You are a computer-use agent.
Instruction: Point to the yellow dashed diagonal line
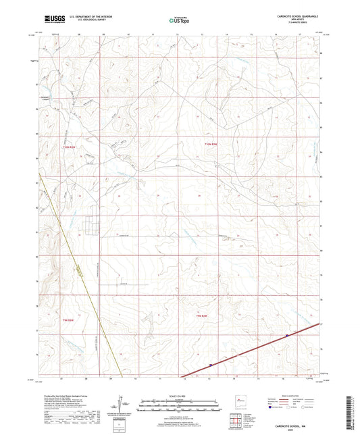pos(81,270)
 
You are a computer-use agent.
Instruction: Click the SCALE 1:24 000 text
pos(180,395)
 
